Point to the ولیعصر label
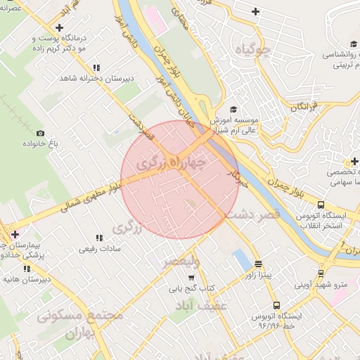tap(181, 262)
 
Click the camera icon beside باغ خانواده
tap(40, 134)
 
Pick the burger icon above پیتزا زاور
tap(259, 264)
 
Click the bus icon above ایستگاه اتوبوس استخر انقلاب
tap(321, 205)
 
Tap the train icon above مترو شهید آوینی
tap(321, 273)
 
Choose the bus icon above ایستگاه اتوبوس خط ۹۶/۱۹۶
tap(276, 306)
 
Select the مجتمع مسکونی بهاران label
tap(85, 323)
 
